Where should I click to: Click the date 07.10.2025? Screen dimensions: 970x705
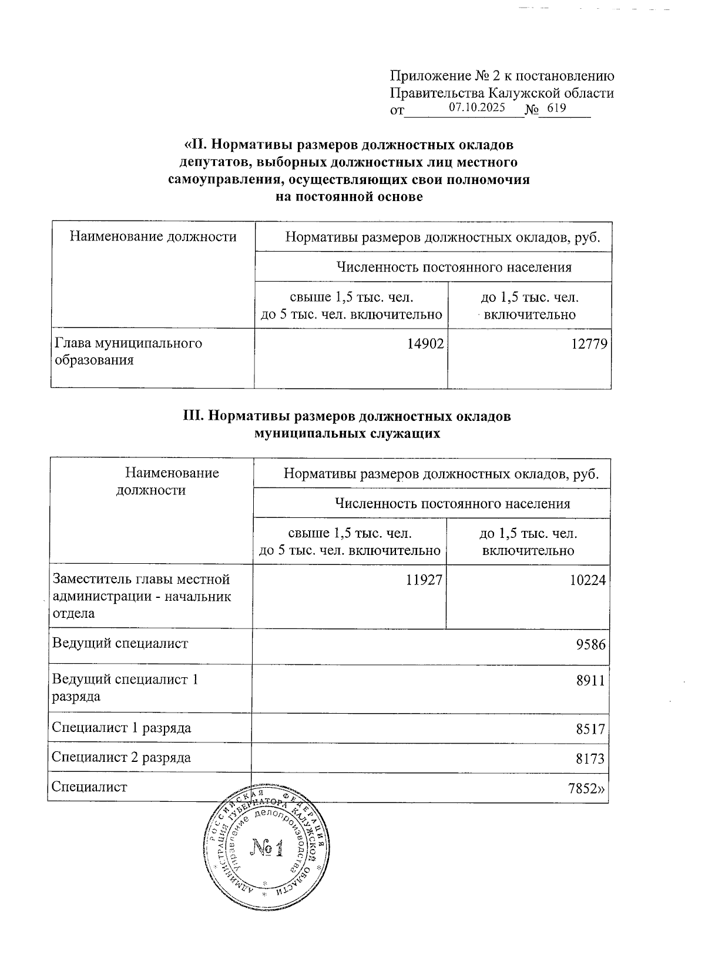476,108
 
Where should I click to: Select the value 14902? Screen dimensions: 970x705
425,344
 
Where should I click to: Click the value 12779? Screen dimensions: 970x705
588,344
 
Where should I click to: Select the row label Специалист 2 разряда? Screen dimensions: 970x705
121,757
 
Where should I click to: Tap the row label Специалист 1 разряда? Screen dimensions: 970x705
121,728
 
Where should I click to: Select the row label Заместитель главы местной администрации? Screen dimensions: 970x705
141,596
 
